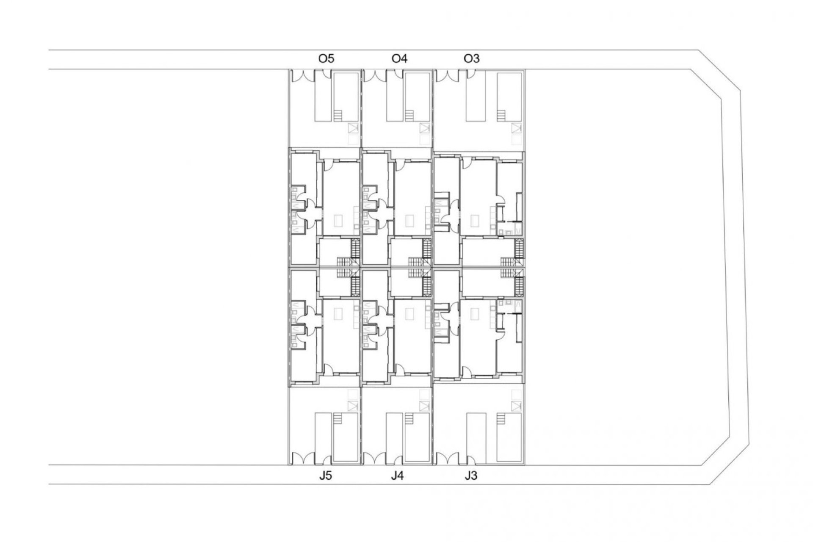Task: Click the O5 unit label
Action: pos(326,58)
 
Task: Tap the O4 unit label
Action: pos(399,58)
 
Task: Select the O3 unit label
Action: pos(471,58)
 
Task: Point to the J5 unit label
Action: pos(325,476)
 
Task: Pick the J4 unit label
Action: pos(397,476)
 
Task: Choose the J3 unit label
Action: pos(470,476)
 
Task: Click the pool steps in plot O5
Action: pos(337,115)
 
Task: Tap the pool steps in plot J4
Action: pos(409,420)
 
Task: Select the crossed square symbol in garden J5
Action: pos(353,406)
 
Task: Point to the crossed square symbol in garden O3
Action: pos(516,128)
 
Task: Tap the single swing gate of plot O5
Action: pos(326,74)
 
